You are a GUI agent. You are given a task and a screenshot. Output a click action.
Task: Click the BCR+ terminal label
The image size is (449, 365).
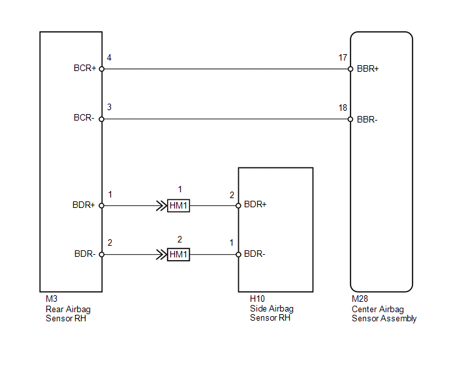point(85,68)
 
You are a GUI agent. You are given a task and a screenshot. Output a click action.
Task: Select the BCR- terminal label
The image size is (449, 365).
point(84,117)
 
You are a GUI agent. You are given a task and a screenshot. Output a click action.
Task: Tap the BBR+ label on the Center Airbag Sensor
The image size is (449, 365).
point(367,68)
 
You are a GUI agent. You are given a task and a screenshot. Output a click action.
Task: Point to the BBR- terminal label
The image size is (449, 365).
point(367,119)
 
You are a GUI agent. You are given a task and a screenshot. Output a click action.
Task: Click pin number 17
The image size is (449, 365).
point(343,58)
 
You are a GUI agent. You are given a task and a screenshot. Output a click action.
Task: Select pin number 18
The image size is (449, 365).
point(343,108)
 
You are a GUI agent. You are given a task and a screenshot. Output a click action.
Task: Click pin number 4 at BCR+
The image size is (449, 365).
point(109,58)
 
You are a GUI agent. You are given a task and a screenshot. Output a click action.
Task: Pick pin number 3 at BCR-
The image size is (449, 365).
point(109,107)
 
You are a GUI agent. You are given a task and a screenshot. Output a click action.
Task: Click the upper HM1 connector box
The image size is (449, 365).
point(178,206)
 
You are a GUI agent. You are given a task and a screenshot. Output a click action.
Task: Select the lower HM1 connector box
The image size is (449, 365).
point(178,254)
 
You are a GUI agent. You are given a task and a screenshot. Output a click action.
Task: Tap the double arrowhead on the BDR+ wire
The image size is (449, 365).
point(161,206)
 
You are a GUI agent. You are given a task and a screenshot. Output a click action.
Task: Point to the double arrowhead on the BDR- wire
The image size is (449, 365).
point(161,254)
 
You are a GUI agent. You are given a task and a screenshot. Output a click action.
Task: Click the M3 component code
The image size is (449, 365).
point(52,299)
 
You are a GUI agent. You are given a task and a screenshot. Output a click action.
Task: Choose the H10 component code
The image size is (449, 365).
point(257,299)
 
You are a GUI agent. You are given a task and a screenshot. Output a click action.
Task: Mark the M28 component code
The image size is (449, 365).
point(360,299)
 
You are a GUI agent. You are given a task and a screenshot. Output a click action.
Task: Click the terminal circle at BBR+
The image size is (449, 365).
point(350,69)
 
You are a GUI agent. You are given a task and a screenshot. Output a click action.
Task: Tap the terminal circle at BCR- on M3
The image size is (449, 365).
point(102,119)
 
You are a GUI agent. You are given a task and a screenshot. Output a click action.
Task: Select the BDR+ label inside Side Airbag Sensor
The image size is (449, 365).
point(255,204)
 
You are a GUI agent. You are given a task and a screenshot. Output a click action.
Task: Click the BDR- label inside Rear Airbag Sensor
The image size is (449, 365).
point(85,254)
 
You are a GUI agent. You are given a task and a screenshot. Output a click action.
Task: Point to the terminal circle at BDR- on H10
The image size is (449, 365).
point(238,254)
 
